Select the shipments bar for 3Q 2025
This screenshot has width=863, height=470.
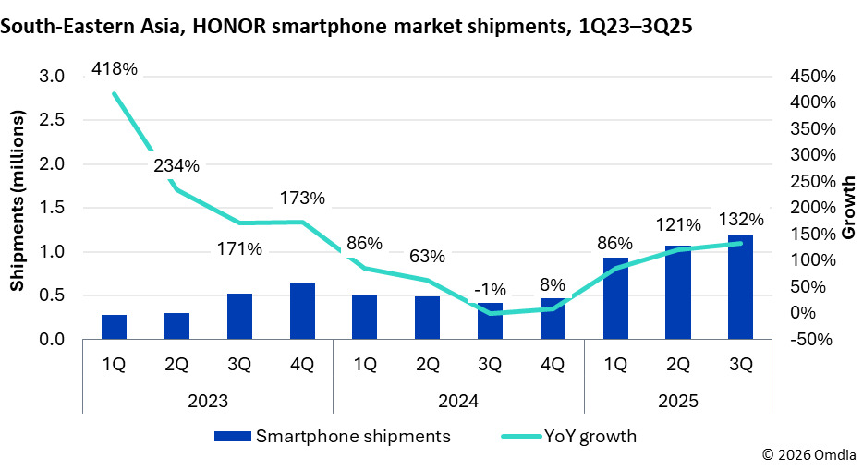(x=740, y=286)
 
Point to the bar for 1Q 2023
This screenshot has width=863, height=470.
(x=114, y=327)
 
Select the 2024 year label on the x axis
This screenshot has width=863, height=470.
(x=458, y=403)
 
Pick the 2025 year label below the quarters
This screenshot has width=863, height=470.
(x=677, y=403)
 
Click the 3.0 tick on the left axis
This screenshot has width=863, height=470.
(x=52, y=76)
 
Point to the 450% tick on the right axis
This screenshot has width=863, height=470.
(x=813, y=76)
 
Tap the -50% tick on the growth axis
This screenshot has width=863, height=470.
(x=813, y=340)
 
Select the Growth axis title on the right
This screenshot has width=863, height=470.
(x=848, y=208)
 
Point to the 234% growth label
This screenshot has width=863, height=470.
(x=176, y=166)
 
